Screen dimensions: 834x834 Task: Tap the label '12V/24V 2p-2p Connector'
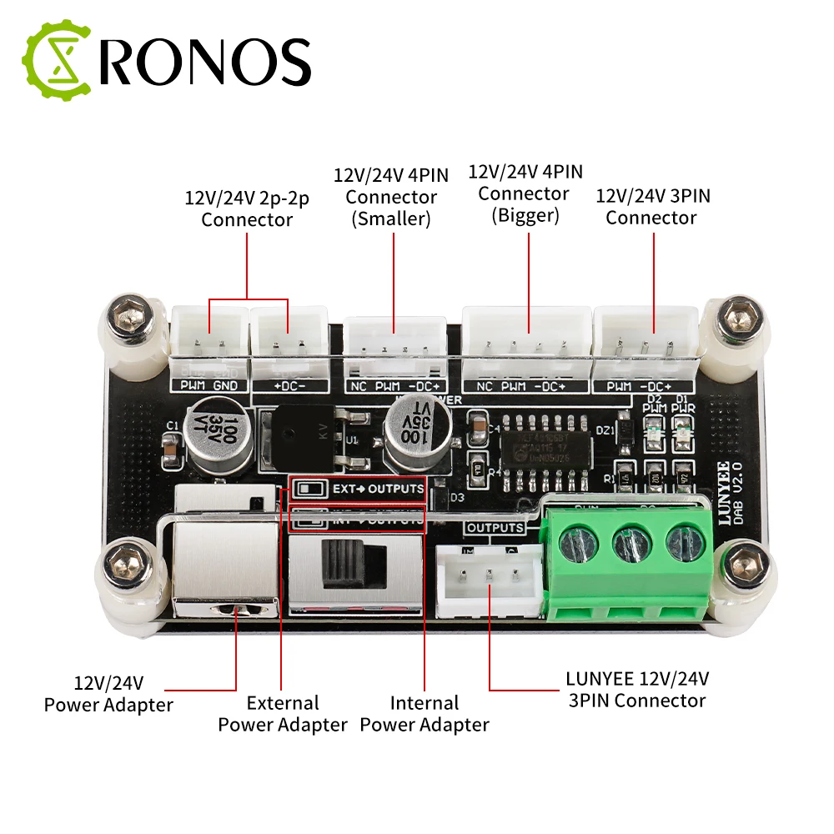pos(247,209)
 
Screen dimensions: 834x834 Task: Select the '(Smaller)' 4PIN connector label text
pos(391,219)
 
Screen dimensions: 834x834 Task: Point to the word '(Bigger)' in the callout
pos(525,214)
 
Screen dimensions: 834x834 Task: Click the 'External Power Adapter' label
pos(282,714)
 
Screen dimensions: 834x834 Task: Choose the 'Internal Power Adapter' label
pos(425,714)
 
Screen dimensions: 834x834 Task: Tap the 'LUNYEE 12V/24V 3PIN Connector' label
pos(637,690)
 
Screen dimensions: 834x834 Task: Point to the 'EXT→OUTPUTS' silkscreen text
pos(366,488)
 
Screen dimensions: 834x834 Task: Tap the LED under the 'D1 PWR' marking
pos(684,435)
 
